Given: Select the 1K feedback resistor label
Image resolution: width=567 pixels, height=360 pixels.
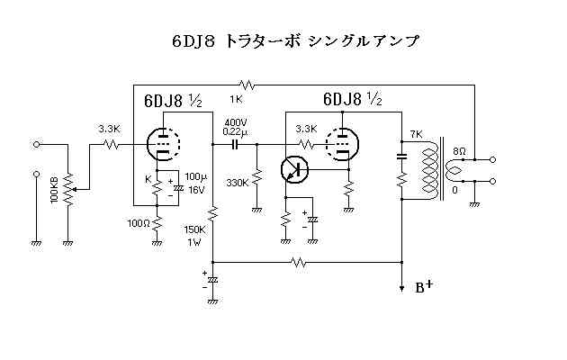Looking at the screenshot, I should [x=237, y=97].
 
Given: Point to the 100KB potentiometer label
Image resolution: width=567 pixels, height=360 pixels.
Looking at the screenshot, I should [x=55, y=189].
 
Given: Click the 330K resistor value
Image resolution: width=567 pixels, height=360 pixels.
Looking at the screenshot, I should [x=238, y=182].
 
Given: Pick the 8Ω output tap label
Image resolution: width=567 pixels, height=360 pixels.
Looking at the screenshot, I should [x=459, y=150].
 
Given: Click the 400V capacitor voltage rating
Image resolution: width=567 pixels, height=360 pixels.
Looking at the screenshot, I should [x=236, y=121].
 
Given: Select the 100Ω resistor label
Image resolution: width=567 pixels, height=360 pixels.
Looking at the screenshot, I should [x=138, y=222].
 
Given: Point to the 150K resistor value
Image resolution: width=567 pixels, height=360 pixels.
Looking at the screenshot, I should [x=193, y=229].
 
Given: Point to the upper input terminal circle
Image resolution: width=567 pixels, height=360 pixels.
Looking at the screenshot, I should [x=37, y=143].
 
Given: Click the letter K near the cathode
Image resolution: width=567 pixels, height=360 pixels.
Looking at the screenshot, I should [x=148, y=179].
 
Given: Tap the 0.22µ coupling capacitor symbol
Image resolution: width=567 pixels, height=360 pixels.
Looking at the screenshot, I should [x=237, y=143].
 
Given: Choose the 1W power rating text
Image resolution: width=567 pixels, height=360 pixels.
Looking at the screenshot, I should [x=193, y=241].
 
